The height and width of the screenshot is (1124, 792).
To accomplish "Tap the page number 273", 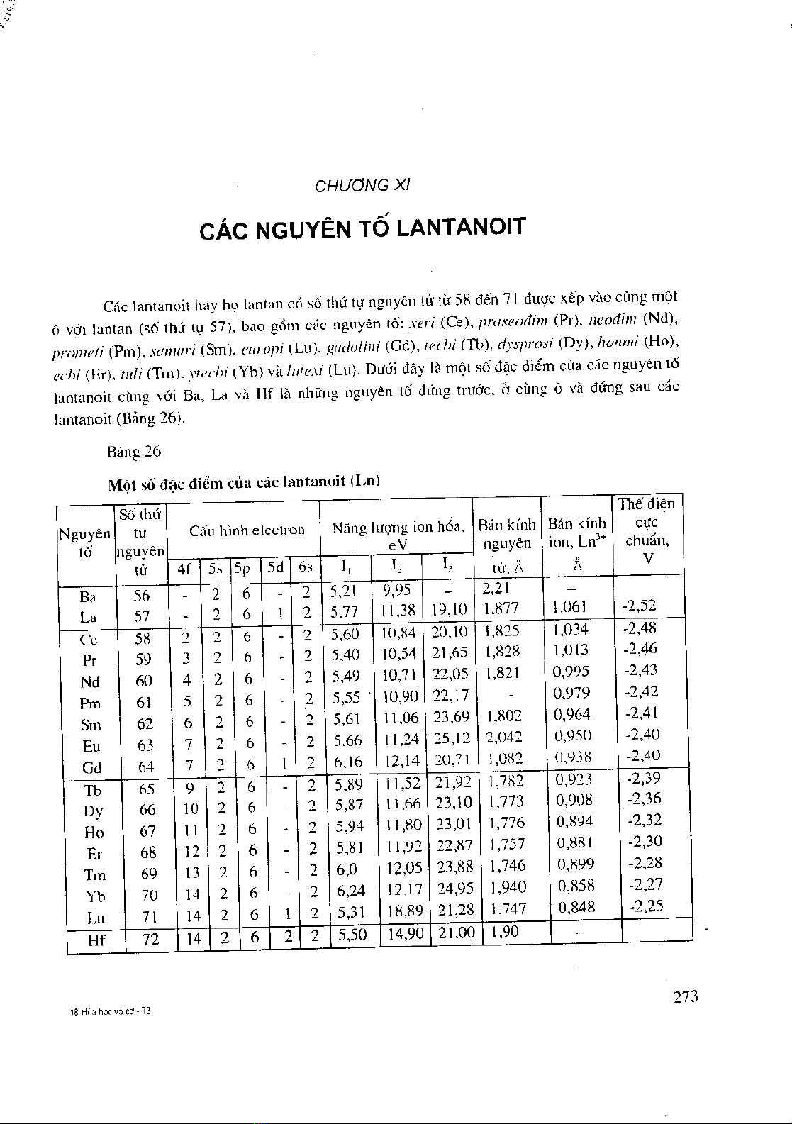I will [x=685, y=996].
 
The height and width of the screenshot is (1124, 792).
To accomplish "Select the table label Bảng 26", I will [x=134, y=452].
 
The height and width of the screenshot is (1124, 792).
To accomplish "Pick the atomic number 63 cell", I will [x=144, y=745].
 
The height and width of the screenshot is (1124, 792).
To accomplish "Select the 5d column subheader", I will [x=276, y=567].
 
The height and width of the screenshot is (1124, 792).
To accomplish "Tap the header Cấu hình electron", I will [x=247, y=530].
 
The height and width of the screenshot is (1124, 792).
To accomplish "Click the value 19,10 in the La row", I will [x=450, y=609].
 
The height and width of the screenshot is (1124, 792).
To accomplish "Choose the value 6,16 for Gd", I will [x=348, y=762].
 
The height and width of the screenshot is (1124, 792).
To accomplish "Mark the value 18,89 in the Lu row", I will [x=403, y=910].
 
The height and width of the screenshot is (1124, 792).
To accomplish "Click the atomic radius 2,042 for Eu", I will [x=503, y=737].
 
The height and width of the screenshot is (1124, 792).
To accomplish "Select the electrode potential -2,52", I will [x=639, y=606].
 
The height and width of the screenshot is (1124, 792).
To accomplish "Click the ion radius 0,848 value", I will [x=576, y=907].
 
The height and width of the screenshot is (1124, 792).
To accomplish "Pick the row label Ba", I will [x=89, y=596].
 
